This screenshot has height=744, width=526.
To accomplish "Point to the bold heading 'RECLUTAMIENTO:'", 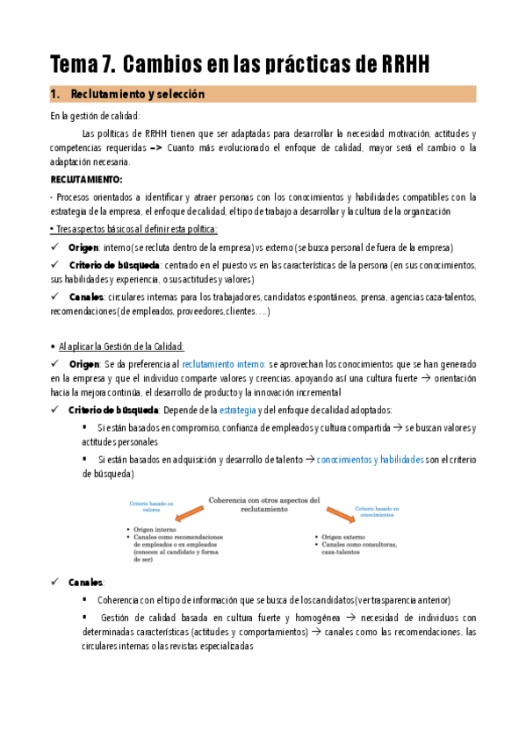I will (86, 178).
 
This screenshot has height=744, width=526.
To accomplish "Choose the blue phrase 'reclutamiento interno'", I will (223, 363).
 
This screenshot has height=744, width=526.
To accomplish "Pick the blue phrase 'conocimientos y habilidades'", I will (370, 458).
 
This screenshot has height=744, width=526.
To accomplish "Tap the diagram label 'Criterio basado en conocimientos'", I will (378, 511).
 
